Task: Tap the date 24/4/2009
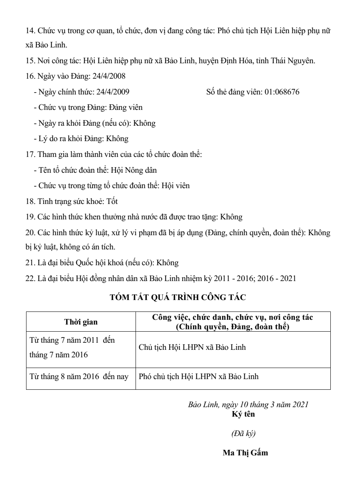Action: coord(112,92)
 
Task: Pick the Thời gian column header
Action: coord(81,322)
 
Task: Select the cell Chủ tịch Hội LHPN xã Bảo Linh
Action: coord(192,348)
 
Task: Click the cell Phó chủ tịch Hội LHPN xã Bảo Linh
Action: coord(199,376)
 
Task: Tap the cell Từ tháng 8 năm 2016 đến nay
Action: coord(79,376)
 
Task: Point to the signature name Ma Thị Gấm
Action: coord(245,453)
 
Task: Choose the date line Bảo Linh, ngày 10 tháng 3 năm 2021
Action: coord(248,405)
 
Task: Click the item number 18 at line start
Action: coord(29,201)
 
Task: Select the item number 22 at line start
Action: coord(29,278)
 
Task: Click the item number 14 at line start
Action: coord(29,31)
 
